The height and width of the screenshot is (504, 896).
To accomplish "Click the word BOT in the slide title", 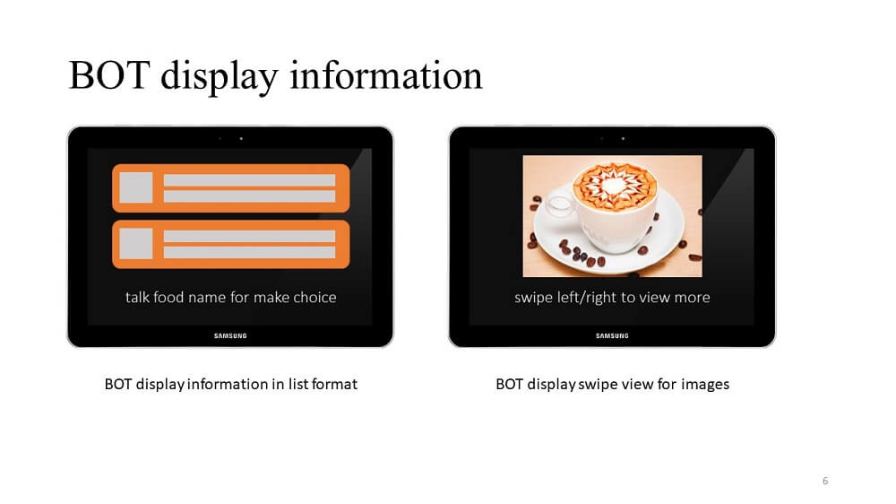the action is pos(109,75).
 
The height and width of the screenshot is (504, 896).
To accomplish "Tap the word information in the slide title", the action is pos(386,75).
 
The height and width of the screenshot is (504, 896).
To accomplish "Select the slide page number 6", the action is pos(825,481).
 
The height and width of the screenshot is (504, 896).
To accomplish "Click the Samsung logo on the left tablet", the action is pos(230,335).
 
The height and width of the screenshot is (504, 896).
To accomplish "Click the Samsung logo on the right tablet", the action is pos(612,335).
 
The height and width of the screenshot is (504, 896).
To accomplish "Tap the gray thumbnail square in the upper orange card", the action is pos(135,187).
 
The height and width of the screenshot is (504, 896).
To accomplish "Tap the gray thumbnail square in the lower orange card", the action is pos(135,244).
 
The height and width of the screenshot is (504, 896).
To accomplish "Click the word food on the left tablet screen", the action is pos(168,297).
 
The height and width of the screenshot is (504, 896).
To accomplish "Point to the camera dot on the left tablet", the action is pos(241,138).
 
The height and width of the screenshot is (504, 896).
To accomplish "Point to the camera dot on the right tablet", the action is pos(623,138).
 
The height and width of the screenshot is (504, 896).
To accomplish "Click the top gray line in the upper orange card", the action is pos(249,180).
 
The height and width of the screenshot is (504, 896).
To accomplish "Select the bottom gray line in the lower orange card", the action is pos(249,252).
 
